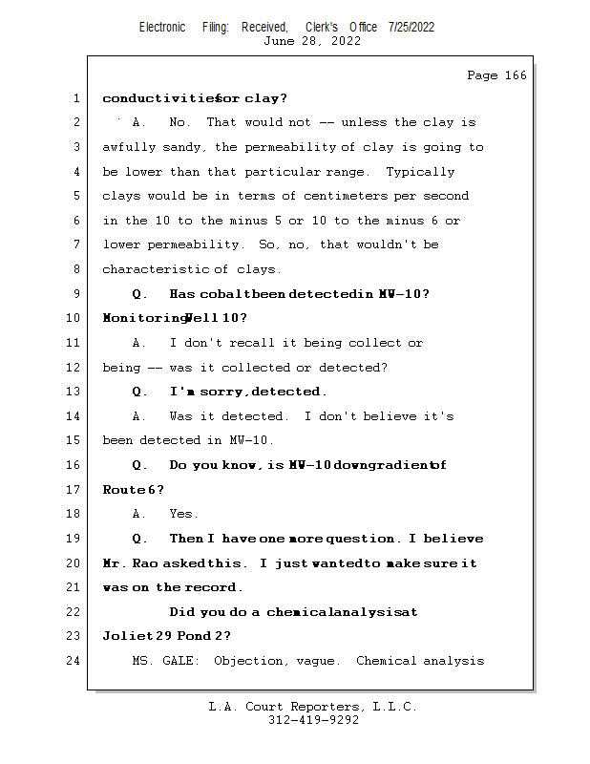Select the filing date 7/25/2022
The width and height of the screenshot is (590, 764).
(x=411, y=27)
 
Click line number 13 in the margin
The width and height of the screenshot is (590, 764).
(x=75, y=392)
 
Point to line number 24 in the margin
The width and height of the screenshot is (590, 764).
(x=75, y=661)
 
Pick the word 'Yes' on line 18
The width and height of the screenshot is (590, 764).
(x=182, y=514)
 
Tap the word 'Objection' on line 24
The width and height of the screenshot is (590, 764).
(x=249, y=661)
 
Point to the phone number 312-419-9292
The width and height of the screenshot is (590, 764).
(x=313, y=720)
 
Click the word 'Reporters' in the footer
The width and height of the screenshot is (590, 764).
(x=316, y=707)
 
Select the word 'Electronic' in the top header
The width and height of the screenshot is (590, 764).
(x=162, y=27)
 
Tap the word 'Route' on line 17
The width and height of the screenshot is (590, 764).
(x=123, y=490)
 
